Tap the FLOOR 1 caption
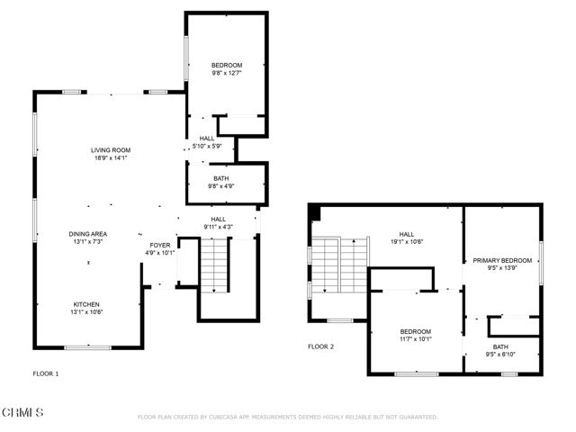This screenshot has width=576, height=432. pos(46,372)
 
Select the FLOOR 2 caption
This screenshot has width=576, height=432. pos(320,346)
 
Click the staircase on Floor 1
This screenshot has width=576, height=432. pos(215,265)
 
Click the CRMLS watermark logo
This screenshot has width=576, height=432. pos(23,413)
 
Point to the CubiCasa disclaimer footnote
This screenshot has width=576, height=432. pos(287,417)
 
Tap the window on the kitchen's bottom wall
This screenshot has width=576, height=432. pos(87,347)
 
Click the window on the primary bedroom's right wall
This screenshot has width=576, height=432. pos(541,261)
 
